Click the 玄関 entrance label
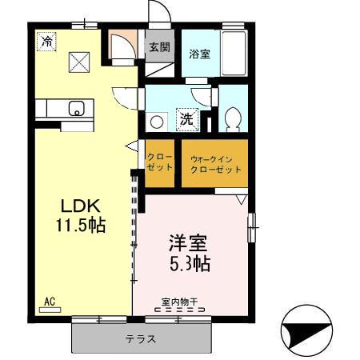[159, 47]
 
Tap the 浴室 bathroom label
[199, 54]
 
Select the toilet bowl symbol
[233, 119]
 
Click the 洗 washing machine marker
[187, 120]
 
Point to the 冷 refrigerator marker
[46, 42]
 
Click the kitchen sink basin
[77, 108]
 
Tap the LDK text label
[81, 206]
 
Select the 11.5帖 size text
[81, 226]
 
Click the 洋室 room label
[188, 243]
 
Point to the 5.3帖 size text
[190, 263]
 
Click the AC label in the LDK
[50, 302]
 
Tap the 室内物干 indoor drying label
[179, 302]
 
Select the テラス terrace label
[141, 339]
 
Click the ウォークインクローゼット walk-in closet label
[216, 165]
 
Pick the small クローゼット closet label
[160, 162]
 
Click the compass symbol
[306, 331]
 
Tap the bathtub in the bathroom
[234, 53]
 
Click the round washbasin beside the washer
[157, 122]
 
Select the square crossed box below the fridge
[79, 62]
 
